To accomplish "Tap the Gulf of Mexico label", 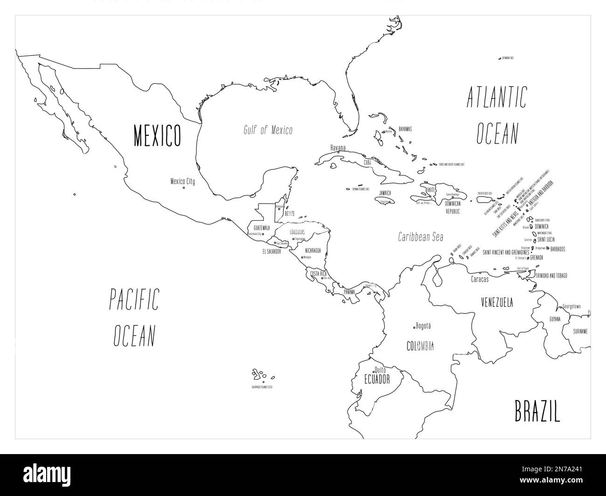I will point(268,130).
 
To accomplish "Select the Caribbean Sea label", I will point(420,237).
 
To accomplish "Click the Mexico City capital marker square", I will point(184,188).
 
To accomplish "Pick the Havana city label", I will point(338,148).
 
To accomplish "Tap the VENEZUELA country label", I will point(497,302).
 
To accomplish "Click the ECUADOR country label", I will point(377,379).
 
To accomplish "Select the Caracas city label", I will point(480,279).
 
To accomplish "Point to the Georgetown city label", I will point(571,306).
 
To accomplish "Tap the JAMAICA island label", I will point(385,193).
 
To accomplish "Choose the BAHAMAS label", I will point(405,129).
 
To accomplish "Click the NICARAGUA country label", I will point(313,250).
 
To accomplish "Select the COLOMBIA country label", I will point(420,346).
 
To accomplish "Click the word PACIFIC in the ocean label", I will point(134,299).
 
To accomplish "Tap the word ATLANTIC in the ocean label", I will point(496,97).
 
